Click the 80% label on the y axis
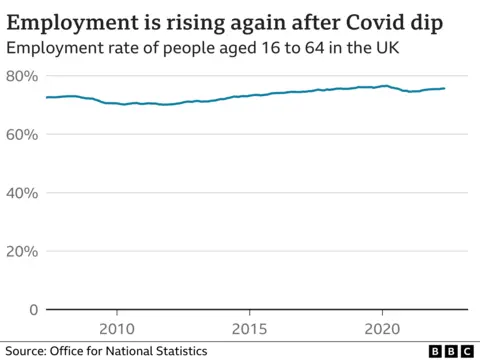point(21,76)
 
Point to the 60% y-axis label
point(21,134)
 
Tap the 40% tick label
point(21,193)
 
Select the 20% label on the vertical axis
point(21,251)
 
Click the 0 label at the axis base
point(32,309)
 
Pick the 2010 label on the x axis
point(116,328)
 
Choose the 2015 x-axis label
point(249,328)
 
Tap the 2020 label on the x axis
point(382,328)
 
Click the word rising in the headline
point(194,21)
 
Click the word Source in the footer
point(29,351)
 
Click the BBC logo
point(450,351)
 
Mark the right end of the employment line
point(445,88)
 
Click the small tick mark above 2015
point(249,314)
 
